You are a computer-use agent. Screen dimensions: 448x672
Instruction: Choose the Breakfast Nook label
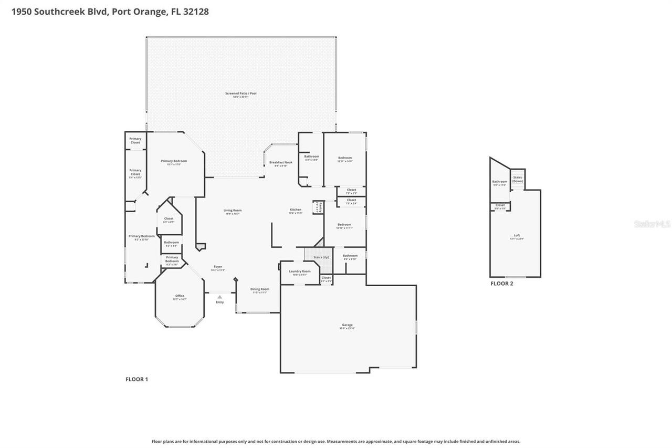(x=281, y=163)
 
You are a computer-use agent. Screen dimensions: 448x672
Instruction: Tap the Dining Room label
(x=260, y=290)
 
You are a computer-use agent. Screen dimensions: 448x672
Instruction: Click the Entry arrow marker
(x=219, y=297)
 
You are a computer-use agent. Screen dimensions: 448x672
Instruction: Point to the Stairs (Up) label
(x=321, y=257)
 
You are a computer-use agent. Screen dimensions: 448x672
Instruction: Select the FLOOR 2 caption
(x=502, y=284)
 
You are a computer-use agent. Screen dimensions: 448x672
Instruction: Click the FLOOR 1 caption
(x=136, y=379)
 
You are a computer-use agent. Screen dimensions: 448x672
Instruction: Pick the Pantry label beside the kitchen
(x=317, y=207)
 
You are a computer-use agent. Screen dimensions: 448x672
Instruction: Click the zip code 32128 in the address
(x=196, y=12)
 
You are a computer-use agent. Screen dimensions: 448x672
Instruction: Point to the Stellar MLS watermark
(x=652, y=224)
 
